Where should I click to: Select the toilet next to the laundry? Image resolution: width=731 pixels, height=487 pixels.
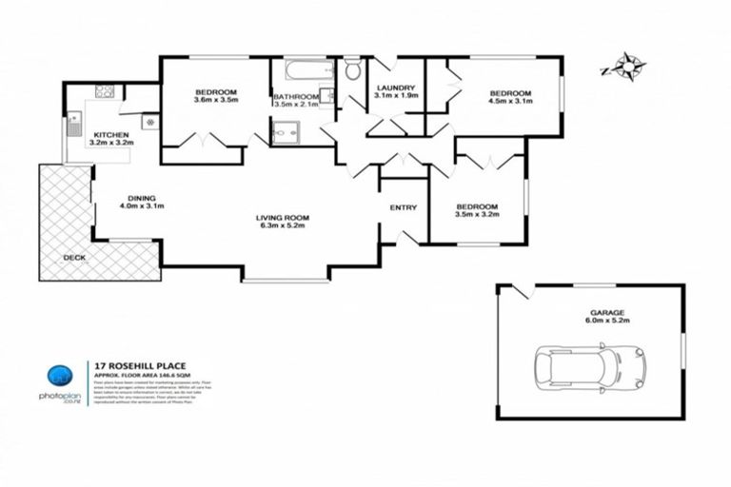click(x=353, y=69)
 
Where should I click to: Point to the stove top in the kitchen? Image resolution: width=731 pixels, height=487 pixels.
click(x=105, y=93)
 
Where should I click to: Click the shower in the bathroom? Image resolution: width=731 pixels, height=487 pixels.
click(x=285, y=136)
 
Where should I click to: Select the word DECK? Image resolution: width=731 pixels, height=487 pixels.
click(x=73, y=258)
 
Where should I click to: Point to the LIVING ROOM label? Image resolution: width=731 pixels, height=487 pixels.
click(x=283, y=219)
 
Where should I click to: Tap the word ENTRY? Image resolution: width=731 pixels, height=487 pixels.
click(x=404, y=208)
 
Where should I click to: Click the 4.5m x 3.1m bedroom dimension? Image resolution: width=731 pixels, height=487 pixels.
click(x=509, y=100)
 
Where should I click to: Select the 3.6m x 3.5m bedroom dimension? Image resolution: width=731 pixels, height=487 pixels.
click(x=214, y=100)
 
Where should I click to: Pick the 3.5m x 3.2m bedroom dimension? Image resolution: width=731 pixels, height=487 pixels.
click(x=476, y=215)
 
